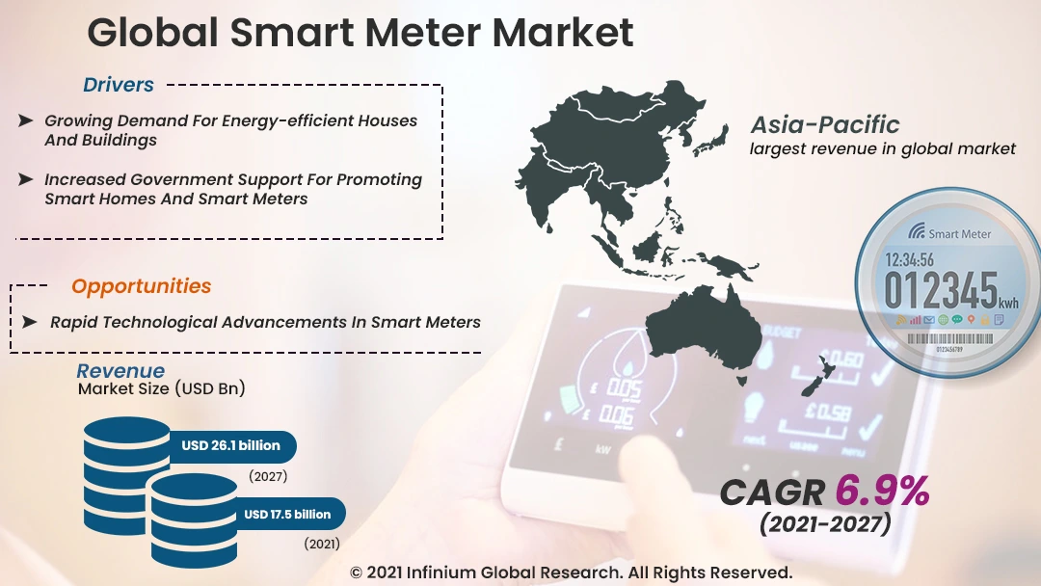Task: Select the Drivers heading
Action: [119, 85]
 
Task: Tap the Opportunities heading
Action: [142, 286]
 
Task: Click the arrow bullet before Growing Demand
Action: [26, 120]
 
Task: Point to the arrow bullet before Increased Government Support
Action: [26, 179]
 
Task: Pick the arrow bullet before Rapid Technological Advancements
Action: [29, 322]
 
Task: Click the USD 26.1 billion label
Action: [231, 445]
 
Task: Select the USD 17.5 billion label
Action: [287, 515]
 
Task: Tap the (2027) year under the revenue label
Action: [268, 476]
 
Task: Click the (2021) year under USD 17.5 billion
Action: [322, 545]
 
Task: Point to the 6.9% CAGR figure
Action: [882, 492]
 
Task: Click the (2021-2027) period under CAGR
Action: [825, 523]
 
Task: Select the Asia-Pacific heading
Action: [825, 124]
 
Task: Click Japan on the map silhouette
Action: [710, 139]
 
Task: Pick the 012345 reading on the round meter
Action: [941, 290]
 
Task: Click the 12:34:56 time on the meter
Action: [909, 259]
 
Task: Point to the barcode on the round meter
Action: [949, 338]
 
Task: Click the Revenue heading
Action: [120, 371]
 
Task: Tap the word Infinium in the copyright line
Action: [440, 573]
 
